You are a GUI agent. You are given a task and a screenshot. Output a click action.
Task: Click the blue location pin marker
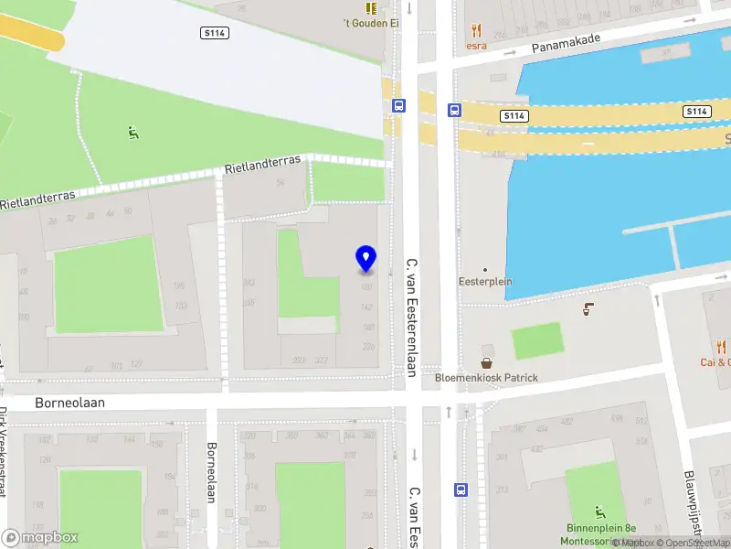pyautogui.click(x=365, y=258)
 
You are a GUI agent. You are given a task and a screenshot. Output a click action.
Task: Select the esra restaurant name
pyautogui.click(x=476, y=46)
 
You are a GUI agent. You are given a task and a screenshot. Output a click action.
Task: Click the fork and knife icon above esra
pyautogui.click(x=476, y=30)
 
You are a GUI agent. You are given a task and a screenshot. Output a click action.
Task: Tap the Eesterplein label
pyautogui.click(x=484, y=282)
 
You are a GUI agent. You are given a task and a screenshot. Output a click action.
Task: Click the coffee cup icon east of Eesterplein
pyautogui.click(x=588, y=310)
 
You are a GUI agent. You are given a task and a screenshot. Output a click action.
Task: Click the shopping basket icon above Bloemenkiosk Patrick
pyautogui.click(x=487, y=363)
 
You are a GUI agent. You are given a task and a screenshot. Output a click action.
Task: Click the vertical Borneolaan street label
pyautogui.click(x=211, y=472)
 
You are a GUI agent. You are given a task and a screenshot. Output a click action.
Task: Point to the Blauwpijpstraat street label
pyautogui.click(x=691, y=503)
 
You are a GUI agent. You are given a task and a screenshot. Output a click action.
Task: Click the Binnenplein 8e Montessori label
pyautogui.click(x=599, y=534)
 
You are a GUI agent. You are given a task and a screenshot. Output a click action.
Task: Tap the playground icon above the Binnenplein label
pyautogui.click(x=600, y=511)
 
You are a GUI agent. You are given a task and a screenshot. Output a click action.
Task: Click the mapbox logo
pyautogui.click(x=40, y=538)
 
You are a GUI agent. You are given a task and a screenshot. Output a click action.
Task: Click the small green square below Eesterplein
pyautogui.click(x=537, y=341)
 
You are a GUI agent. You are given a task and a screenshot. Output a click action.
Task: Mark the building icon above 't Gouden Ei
pyautogui.click(x=371, y=7)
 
